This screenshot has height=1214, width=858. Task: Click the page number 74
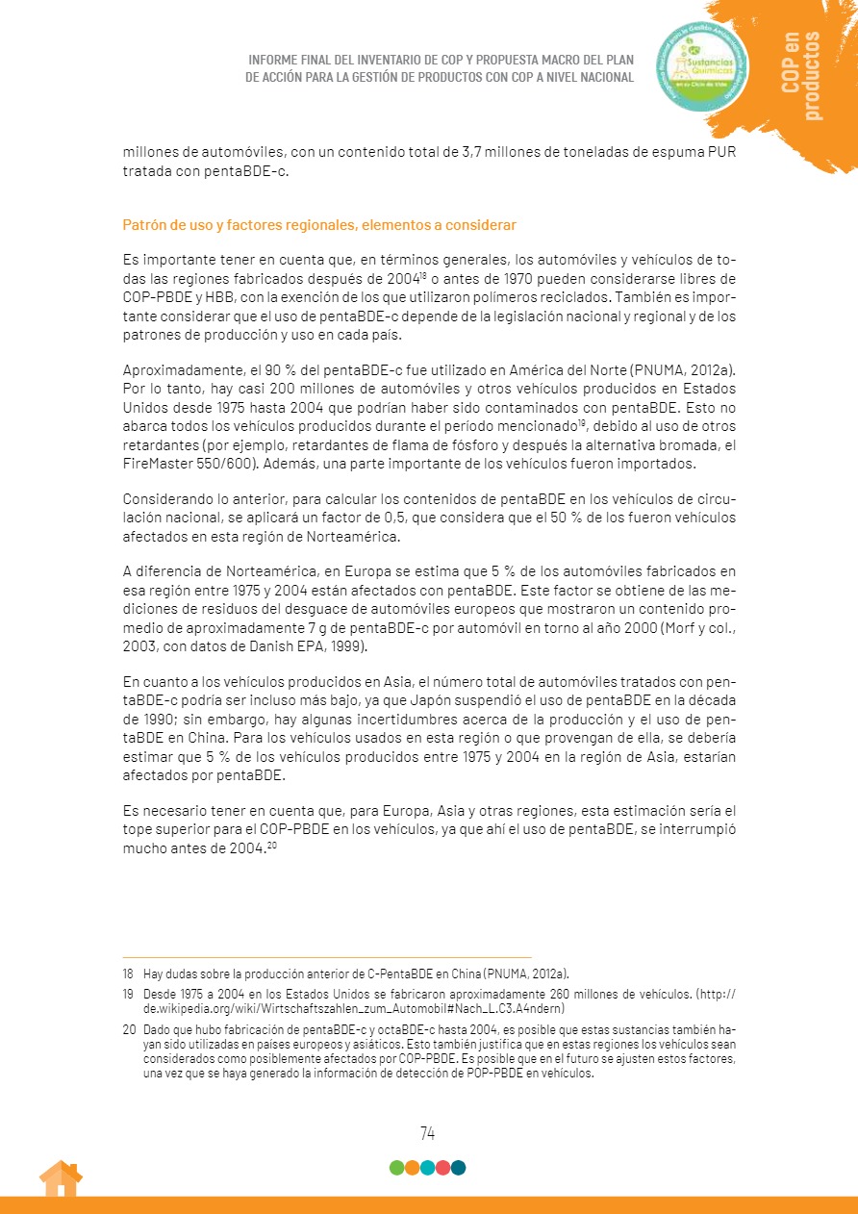coord(427,1133)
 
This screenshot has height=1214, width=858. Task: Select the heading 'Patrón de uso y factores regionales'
coord(319,225)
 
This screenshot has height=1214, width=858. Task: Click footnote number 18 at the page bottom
coord(128,974)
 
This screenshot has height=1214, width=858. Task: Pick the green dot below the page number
coord(396,1168)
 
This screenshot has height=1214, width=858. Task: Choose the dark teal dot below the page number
coord(458,1168)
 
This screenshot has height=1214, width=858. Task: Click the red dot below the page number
coord(442,1168)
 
